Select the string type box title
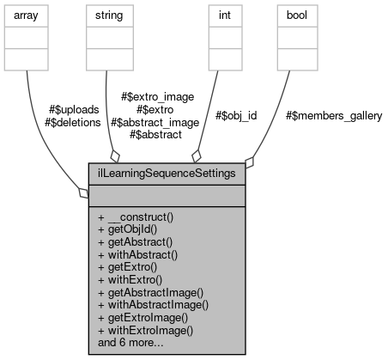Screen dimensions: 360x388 (109, 15)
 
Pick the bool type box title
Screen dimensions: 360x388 (297, 15)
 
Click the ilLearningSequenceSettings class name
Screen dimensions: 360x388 (167, 172)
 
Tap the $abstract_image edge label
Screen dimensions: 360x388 (155, 123)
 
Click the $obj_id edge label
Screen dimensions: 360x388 (236, 115)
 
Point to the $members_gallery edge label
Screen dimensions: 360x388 (333, 115)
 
